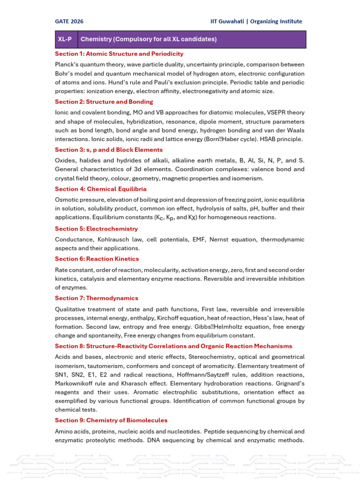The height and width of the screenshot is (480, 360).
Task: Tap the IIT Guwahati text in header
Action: (229, 22)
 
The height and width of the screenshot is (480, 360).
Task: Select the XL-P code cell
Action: (65, 39)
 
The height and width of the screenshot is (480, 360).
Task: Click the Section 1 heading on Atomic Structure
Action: (119, 54)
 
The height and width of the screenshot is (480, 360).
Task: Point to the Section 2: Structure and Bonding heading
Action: (104, 102)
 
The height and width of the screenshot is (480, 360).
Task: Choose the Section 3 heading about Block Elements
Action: (109, 150)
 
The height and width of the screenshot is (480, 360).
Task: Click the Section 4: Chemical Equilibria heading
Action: (100, 189)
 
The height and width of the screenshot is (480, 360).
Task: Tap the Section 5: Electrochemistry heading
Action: (96, 229)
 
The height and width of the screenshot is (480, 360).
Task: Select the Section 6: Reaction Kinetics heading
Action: (97, 259)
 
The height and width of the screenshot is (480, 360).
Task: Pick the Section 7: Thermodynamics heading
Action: (96, 298)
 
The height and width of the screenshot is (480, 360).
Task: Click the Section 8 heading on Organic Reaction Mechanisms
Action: (173, 346)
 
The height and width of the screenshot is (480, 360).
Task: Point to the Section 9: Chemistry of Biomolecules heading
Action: (111, 420)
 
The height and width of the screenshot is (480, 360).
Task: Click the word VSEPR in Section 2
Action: (276, 112)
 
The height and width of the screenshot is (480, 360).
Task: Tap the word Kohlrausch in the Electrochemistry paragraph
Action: (107, 240)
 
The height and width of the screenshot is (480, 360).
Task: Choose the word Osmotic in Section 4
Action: (67, 199)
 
